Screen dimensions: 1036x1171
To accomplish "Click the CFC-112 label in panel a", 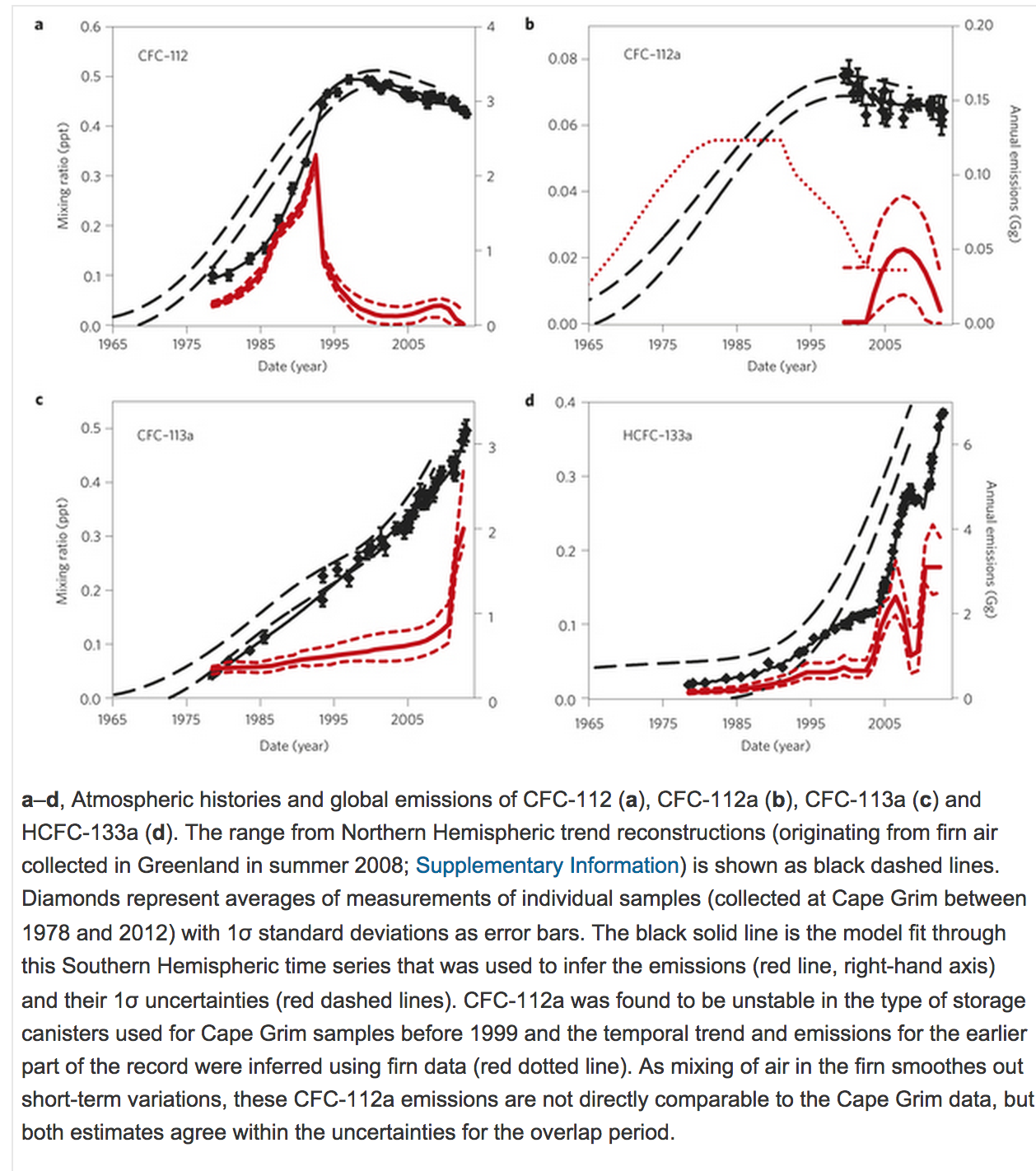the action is (x=163, y=56).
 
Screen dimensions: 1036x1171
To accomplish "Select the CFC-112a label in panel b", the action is (x=652, y=55).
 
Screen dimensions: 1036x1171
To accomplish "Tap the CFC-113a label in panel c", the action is (x=166, y=436).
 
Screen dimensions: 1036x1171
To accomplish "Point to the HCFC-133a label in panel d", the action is (x=657, y=436).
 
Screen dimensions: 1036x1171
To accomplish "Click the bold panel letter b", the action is (x=530, y=24).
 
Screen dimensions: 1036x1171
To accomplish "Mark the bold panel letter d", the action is (x=530, y=400).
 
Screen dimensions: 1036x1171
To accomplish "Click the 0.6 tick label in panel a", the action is (x=91, y=26).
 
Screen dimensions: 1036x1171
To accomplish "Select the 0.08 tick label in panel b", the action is (x=562, y=58).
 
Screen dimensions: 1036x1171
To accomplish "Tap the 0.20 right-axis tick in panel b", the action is (x=979, y=26).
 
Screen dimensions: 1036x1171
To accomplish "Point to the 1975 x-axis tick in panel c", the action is (x=186, y=720).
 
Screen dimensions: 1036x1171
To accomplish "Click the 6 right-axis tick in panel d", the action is (x=968, y=445).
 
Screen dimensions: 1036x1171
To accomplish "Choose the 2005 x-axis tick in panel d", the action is (x=884, y=724).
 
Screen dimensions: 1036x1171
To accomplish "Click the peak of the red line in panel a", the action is (x=315, y=155).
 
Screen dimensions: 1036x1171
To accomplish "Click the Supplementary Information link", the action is (x=547, y=865).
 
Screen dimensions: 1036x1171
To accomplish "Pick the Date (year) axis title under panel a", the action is (x=292, y=366).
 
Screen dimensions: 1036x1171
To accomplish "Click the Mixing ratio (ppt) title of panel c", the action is (x=63, y=551).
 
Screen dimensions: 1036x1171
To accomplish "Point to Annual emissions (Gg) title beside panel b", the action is (x=1015, y=174).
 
